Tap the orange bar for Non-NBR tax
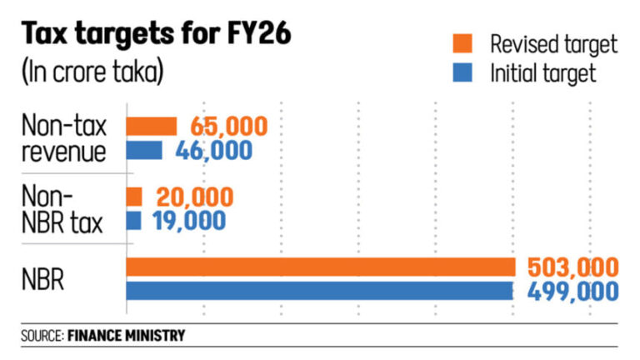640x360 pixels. (134, 197)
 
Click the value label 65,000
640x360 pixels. (228, 127)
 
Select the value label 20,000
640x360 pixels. (193, 197)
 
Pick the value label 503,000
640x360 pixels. (572, 267)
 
